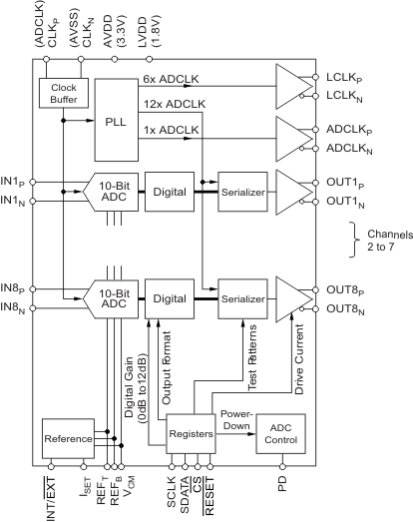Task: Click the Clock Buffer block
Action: click(x=64, y=93)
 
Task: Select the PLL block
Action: click(x=122, y=121)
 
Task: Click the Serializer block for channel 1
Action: click(x=243, y=190)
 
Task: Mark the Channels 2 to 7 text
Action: click(x=383, y=236)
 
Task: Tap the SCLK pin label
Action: click(x=172, y=491)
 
